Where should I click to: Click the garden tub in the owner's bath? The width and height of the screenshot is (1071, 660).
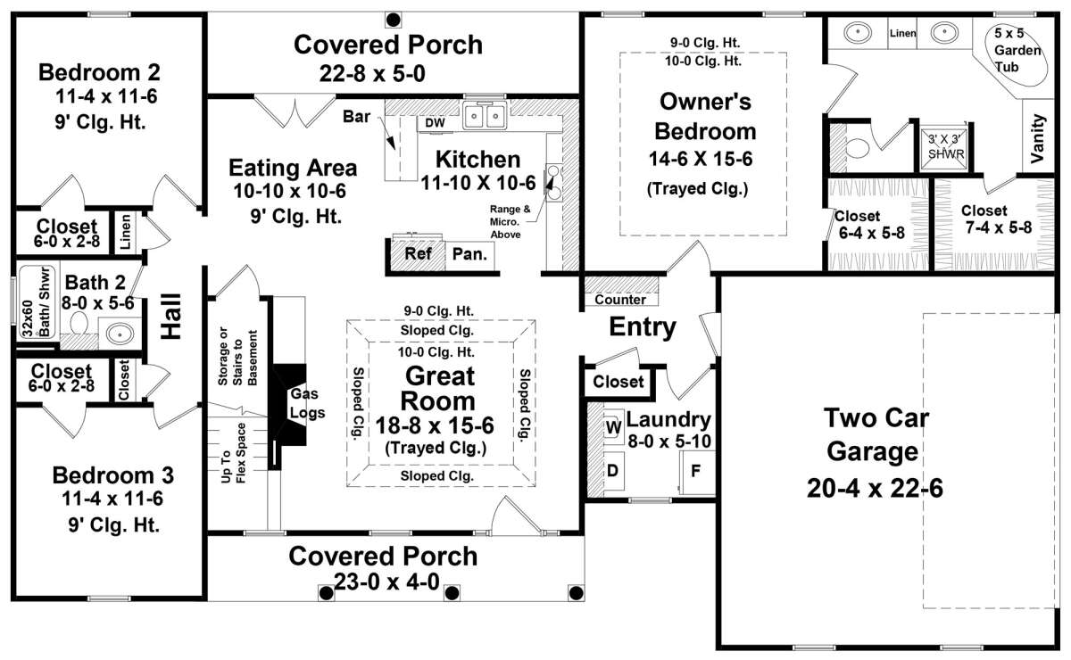pos(1017,54)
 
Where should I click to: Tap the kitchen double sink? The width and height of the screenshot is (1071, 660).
pos(485,116)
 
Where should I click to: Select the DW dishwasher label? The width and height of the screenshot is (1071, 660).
pos(435,123)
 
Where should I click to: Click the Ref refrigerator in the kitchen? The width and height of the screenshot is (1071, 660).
pos(418,253)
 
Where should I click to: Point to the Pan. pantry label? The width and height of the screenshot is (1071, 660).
pos(469,254)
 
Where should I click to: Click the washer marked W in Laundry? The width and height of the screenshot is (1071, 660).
pos(613,425)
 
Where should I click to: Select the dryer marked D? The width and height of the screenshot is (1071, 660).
pos(613,471)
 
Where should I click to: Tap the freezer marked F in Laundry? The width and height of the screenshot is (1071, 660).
pos(697,472)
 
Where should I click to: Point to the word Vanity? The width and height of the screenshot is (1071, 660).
pos(1038,138)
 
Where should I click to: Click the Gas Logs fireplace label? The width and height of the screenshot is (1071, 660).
pos(307,403)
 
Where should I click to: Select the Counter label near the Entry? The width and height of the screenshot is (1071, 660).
pos(620,300)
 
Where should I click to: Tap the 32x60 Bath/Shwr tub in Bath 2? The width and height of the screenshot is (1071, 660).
pos(37,302)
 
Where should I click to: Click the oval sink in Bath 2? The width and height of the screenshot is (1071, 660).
pos(120,333)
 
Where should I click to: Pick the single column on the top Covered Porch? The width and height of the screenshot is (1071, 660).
pos(393,21)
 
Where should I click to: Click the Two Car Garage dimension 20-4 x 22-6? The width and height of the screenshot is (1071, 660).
pos(875,489)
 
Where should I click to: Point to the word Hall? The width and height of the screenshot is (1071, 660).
pos(171,317)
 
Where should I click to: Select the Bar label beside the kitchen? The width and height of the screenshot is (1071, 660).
pos(356,117)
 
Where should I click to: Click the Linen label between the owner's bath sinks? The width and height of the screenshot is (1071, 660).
pos(902,33)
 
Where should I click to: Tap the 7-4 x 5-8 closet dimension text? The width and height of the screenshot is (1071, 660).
pos(999,227)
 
